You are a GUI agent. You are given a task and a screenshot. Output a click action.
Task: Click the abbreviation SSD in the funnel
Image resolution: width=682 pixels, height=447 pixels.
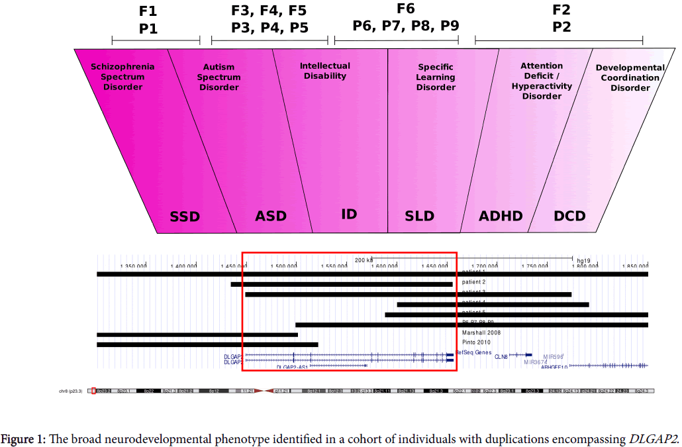coord(185,217)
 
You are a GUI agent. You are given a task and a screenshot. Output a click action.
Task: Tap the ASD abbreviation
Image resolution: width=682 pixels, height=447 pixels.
coord(271,216)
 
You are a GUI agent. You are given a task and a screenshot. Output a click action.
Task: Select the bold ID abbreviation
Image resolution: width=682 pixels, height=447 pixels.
coord(349,214)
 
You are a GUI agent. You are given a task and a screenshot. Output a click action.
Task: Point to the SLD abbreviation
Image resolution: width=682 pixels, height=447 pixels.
coord(419,216)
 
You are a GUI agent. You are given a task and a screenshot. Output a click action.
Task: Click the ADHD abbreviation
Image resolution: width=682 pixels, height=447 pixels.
coord(501,216)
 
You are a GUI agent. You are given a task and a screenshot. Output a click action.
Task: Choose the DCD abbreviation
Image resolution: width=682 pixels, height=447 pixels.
coord(569,216)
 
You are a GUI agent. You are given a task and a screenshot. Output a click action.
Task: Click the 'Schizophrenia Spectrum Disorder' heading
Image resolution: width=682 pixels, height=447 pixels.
coord(122,77)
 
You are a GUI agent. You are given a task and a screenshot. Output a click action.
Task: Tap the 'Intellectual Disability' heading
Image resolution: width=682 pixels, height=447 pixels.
coord(324,71)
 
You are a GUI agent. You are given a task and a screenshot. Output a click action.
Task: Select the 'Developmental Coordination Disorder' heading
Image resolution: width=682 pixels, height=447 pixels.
coord(630,77)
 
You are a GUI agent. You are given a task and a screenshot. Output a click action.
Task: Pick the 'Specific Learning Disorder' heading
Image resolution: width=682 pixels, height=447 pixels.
coord(436,77)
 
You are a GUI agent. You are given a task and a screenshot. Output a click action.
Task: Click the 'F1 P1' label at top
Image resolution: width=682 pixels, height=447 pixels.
coord(148,20)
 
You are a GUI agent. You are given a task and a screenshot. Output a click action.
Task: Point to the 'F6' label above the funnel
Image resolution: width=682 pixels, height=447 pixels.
coord(405,9)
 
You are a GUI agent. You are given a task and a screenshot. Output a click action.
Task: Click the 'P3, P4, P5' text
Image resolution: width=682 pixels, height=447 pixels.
coord(269,28)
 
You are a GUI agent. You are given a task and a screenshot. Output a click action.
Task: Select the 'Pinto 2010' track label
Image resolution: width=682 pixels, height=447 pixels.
coord(477,343)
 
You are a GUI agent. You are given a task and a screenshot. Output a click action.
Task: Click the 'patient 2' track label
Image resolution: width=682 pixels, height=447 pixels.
coord(474,282)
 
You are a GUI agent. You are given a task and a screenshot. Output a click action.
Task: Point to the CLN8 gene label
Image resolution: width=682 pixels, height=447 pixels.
coord(501,357)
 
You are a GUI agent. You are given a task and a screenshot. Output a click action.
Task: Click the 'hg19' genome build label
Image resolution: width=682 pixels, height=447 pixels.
coord(583,261)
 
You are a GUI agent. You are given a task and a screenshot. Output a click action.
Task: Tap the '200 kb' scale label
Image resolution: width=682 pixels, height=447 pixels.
coord(364,260)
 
